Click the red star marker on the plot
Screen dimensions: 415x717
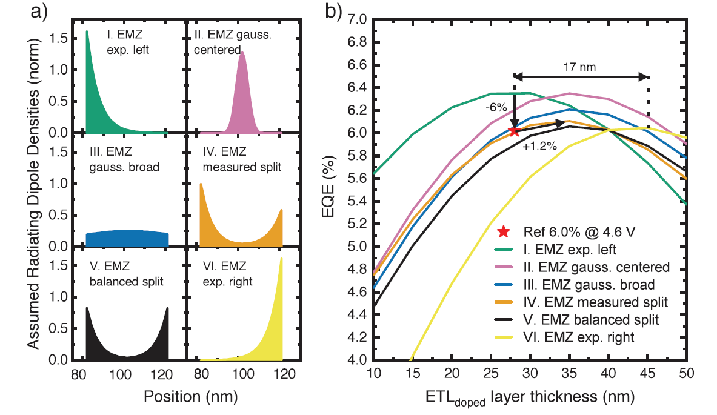(x=513, y=131)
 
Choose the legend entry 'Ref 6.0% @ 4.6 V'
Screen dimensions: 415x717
(x=567, y=231)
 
